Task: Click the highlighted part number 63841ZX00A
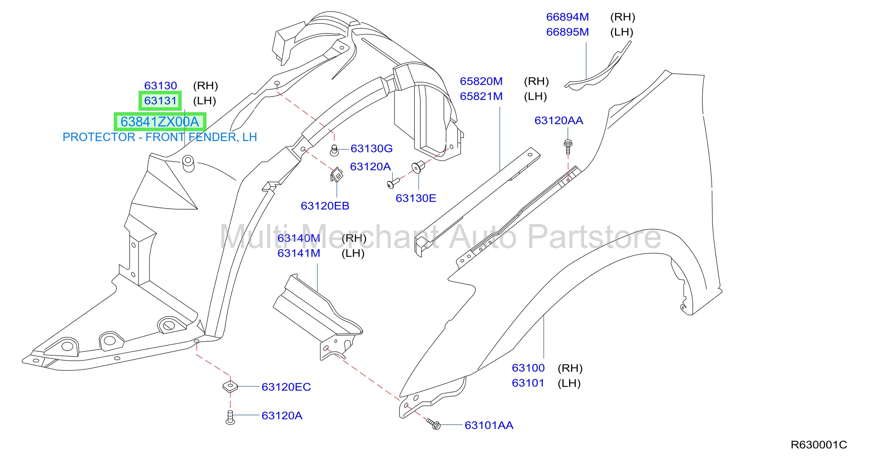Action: pos(160,122)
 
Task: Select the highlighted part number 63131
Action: pos(160,100)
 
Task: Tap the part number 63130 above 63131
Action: pos(160,86)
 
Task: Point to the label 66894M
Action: pos(567,17)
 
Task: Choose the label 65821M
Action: pos(481,96)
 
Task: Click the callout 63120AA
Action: pos(559,120)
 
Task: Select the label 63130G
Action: pos(371,148)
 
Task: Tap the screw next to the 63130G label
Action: pos(334,150)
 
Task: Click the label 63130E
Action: pos(416,198)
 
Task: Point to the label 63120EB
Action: pos(325,206)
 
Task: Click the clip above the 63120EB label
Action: pos(337,175)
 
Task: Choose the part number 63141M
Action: pos(299,253)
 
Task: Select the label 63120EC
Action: pos(286,387)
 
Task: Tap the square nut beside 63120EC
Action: pos(230,387)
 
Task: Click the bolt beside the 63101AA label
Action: pos(434,424)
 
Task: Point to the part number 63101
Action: pos(528,383)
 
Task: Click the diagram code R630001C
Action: pos(819,445)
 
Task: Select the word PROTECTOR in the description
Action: pos(99,137)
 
